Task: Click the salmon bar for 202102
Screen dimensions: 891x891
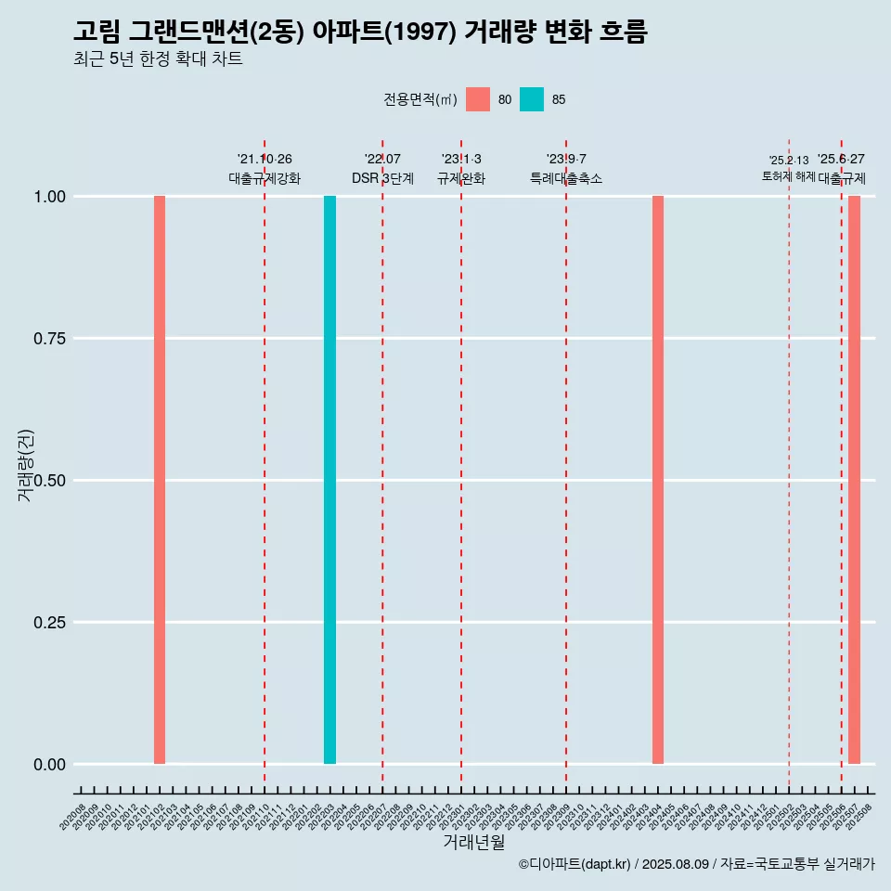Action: [x=160, y=480]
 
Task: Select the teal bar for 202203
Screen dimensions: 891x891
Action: [x=329, y=480]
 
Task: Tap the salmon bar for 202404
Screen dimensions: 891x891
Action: [x=658, y=480]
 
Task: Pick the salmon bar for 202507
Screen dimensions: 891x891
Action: [x=854, y=480]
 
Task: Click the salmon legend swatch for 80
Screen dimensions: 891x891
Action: [x=478, y=99]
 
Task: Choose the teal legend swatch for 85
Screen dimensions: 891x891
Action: [x=532, y=99]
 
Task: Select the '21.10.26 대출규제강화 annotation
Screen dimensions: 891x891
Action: [x=265, y=169]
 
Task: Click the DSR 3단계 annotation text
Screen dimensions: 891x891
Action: [x=382, y=178]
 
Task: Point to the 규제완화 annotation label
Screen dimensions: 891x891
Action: [x=461, y=178]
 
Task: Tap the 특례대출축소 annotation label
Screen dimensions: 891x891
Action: [x=566, y=178]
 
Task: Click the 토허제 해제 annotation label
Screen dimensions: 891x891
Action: [x=789, y=175]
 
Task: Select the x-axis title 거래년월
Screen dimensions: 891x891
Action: [x=474, y=842]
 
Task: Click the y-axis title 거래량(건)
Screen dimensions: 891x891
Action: [x=26, y=466]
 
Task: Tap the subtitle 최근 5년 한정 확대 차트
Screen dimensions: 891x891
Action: [x=158, y=59]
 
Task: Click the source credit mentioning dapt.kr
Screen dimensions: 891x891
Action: [x=696, y=864]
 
